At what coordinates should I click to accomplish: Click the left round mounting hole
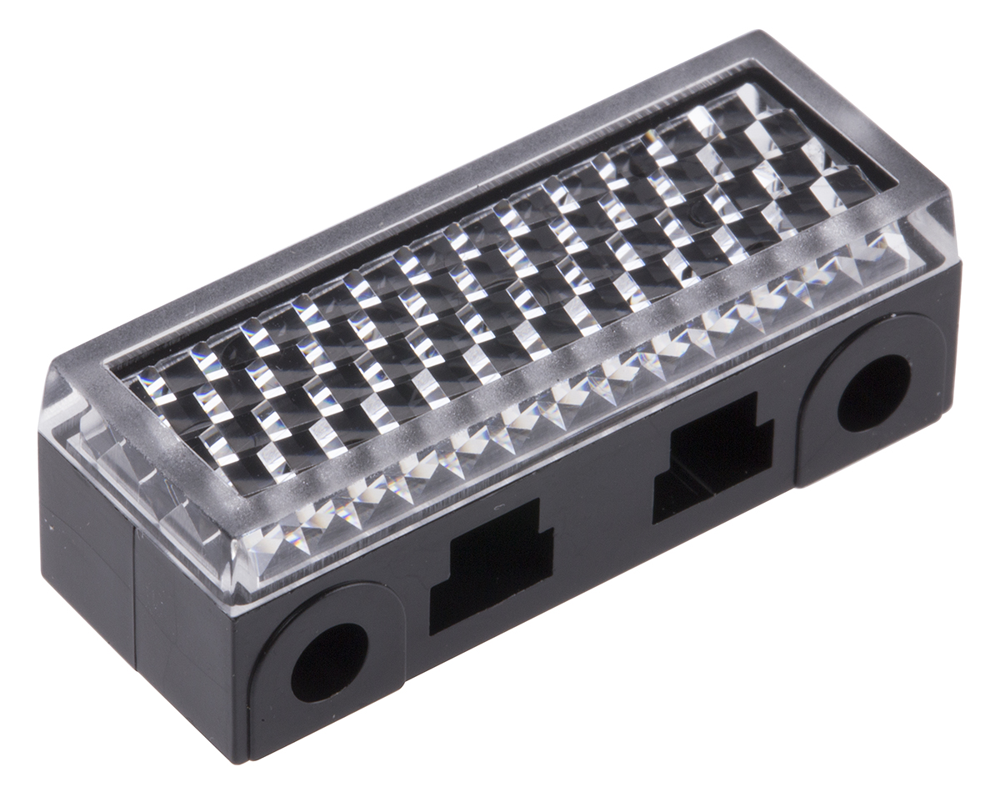pyautogui.click(x=329, y=662)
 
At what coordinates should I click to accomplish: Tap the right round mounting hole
pyautogui.click(x=873, y=393)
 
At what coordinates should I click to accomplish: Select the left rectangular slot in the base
pyautogui.click(x=492, y=567)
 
